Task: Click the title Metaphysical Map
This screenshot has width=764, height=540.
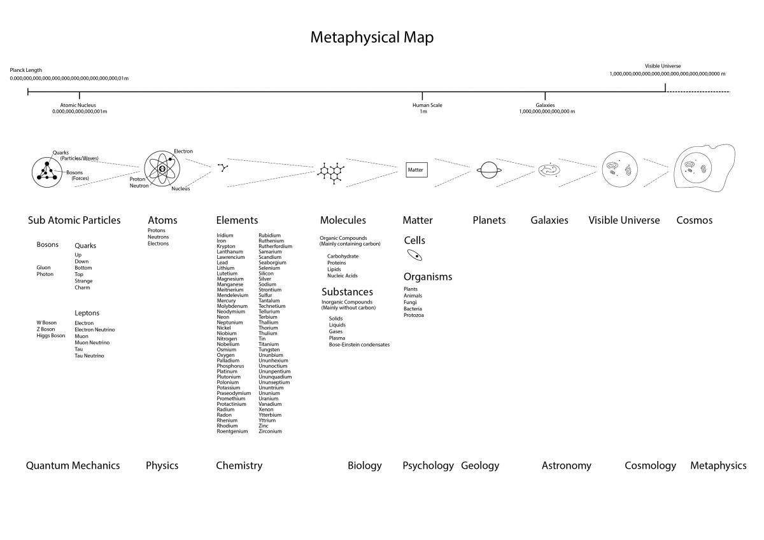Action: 372,38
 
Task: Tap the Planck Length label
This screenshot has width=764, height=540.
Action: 26,70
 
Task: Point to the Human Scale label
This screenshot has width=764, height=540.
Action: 427,105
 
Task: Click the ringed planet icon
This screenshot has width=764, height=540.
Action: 490,170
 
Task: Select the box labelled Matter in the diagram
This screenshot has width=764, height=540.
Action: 415,170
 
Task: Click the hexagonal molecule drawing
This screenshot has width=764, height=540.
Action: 330,170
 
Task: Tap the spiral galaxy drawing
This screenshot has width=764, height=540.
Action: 549,170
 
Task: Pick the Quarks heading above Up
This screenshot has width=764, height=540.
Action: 85,246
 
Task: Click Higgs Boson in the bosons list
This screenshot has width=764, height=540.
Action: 51,336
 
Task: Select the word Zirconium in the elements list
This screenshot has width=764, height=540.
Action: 270,431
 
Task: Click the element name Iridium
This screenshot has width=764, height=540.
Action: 225,235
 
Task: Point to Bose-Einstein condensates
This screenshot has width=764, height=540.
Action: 359,345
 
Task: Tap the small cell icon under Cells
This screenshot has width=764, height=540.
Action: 414,256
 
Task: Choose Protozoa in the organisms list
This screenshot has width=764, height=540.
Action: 414,315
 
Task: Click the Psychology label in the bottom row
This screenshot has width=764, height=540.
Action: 428,466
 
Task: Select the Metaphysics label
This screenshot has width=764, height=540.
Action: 718,466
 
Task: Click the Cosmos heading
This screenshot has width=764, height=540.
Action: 694,220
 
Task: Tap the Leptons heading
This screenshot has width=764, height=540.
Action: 87,313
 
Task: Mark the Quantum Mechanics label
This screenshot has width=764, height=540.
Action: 73,466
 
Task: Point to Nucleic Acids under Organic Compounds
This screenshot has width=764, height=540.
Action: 343,276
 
